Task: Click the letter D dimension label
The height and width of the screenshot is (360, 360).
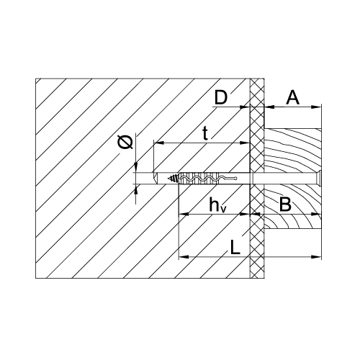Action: tap(220, 98)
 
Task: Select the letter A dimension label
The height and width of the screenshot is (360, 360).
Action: tap(293, 98)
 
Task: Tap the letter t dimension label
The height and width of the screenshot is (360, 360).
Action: tap(204, 133)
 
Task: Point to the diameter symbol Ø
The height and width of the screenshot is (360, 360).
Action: tap(125, 142)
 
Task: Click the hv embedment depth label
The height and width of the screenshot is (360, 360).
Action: tap(217, 204)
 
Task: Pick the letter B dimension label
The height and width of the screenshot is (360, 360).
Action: tap(285, 204)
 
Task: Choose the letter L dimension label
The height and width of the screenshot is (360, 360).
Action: tap(235, 248)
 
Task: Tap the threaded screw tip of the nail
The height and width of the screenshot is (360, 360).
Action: tap(174, 179)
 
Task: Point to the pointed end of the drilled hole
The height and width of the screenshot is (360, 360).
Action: tap(156, 179)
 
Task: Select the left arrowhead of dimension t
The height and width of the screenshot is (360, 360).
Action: tap(158, 143)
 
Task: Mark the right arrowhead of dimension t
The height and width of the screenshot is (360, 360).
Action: tap(245, 143)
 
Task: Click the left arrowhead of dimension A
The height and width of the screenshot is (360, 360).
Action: tap(269, 107)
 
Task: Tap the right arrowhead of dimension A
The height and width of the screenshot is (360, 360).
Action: tap(316, 107)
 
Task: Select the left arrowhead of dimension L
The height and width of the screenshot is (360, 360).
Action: tap(184, 257)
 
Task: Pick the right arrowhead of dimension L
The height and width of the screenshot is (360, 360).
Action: tap(316, 257)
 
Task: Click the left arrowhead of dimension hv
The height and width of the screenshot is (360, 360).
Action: tap(184, 214)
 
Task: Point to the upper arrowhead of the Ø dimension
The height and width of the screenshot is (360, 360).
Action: tap(136, 168)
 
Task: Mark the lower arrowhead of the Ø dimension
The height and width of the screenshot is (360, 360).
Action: tap(136, 189)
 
